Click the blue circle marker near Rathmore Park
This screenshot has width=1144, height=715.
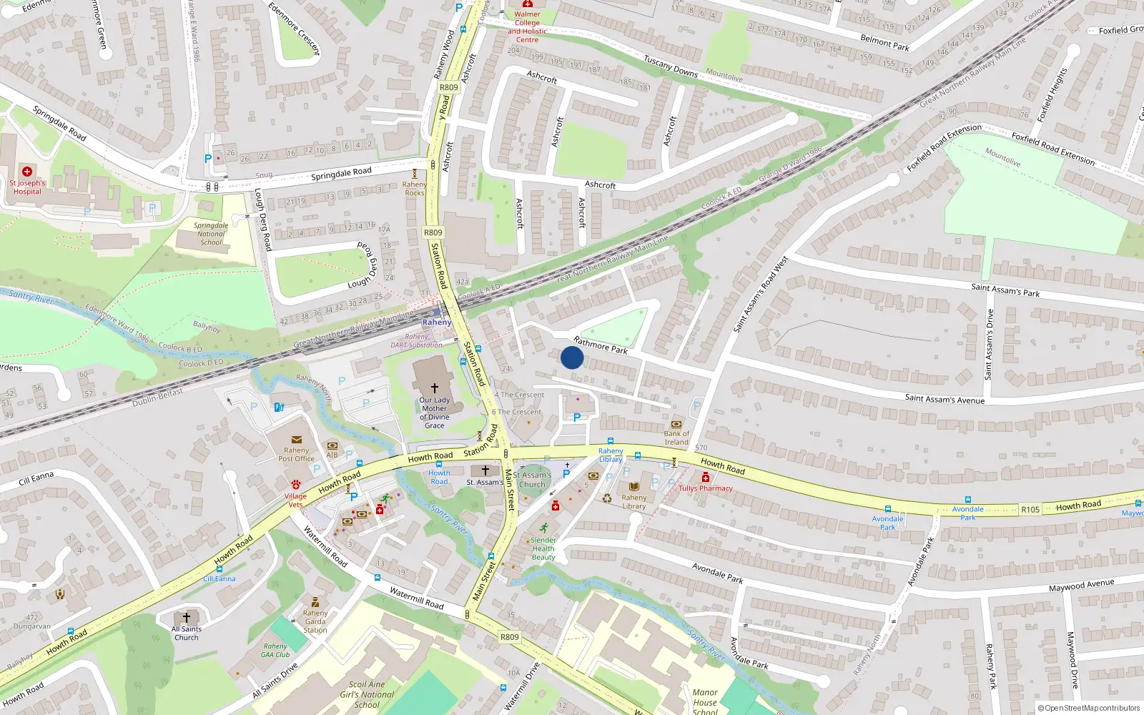pyautogui.click(x=572, y=357)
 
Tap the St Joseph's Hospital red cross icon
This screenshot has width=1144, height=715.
pyautogui.click(x=27, y=172)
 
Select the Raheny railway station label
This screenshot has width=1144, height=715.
pyautogui.click(x=436, y=322)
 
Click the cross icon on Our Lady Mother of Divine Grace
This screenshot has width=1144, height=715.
pyautogui.click(x=434, y=388)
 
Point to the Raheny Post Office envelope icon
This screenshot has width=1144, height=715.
pyautogui.click(x=297, y=440)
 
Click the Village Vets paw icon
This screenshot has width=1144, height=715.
pyautogui.click(x=296, y=485)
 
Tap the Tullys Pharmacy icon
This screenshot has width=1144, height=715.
pyautogui.click(x=706, y=478)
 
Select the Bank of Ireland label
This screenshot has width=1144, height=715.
pyautogui.click(x=676, y=438)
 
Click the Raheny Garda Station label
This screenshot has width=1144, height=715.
pyautogui.click(x=315, y=621)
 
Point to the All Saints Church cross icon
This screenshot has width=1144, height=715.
pyautogui.click(x=187, y=617)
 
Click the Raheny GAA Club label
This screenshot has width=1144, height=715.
pyautogui.click(x=275, y=650)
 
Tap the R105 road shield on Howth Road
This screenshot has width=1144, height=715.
pyautogui.click(x=1030, y=509)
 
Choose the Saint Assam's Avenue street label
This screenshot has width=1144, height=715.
pyautogui.click(x=945, y=398)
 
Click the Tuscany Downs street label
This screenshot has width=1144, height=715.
pyautogui.click(x=671, y=66)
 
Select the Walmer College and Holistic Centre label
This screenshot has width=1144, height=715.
pyautogui.click(x=527, y=26)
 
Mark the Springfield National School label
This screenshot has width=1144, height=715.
pyautogui.click(x=211, y=234)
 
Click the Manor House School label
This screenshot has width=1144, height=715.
pyautogui.click(x=705, y=701)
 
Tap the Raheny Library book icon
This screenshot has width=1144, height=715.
pyautogui.click(x=634, y=487)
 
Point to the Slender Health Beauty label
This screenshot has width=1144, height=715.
pyautogui.click(x=543, y=548)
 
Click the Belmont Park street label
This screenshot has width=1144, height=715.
pyautogui.click(x=884, y=42)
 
